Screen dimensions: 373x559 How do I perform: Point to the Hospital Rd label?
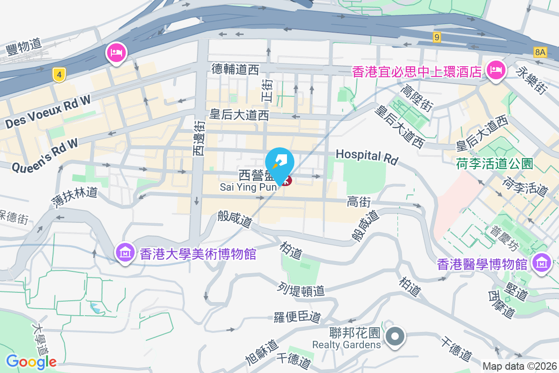pos(367,157)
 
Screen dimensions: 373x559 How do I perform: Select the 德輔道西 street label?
pos(235,70)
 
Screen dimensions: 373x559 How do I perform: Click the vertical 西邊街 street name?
pos(199,138)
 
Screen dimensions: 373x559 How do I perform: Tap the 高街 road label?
pos(359,202)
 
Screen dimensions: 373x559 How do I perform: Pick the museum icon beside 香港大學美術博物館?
pos(125,253)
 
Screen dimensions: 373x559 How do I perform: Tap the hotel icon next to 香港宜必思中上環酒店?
pos(496,70)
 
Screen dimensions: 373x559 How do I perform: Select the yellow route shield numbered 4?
pos(58,75)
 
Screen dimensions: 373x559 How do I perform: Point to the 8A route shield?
pos(540,52)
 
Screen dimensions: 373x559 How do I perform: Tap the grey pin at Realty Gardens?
pos(395,336)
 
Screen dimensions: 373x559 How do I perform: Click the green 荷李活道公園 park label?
pos(494,164)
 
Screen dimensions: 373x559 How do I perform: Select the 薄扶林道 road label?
pos(75,198)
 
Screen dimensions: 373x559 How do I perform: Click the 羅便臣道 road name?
pos(297,318)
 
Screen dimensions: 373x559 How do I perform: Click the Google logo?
pos(31,362)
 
